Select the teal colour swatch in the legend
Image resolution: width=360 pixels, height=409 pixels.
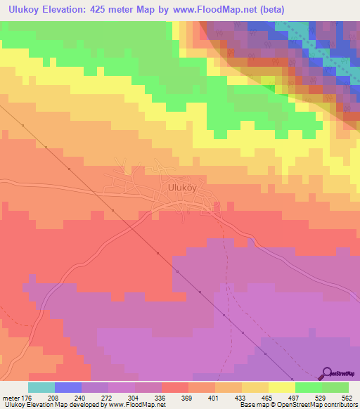click(x=41, y=387)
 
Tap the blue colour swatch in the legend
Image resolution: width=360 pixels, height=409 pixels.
click(x=68, y=387)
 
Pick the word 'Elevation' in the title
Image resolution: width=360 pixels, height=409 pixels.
click(x=77, y=9)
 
